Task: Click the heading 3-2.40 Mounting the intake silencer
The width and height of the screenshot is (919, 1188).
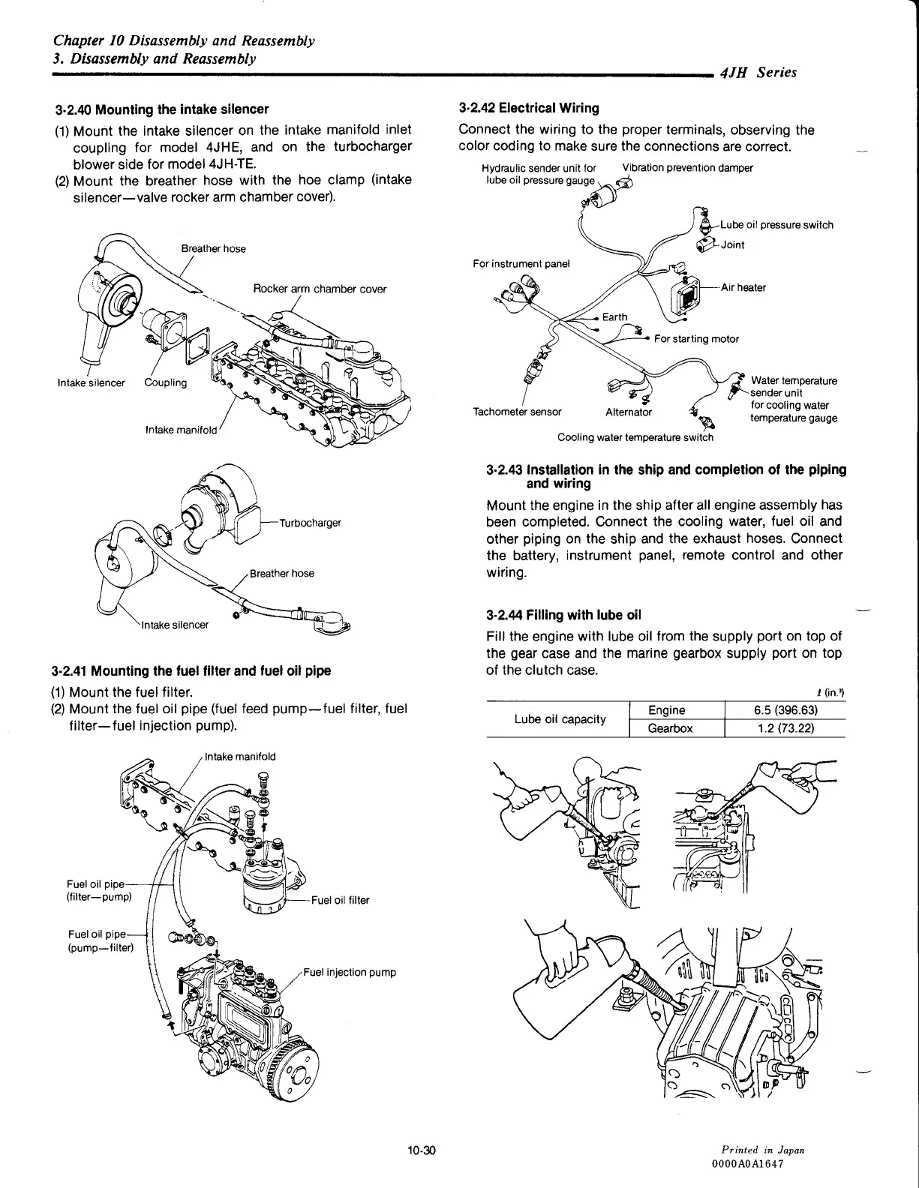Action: pos(161,109)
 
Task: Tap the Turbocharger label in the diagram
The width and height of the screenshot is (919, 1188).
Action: pos(310,523)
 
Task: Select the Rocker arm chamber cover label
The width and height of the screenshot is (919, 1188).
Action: pos(320,289)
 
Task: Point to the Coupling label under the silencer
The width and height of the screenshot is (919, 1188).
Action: pos(165,382)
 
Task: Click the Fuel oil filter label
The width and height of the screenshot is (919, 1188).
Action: pos(340,900)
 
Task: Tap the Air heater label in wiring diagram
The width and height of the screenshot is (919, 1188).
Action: pos(743,287)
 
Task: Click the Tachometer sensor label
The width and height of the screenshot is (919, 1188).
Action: pos(517,412)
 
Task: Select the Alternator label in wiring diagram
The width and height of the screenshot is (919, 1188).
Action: pos(629,412)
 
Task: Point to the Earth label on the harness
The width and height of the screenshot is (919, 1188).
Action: pos(614,316)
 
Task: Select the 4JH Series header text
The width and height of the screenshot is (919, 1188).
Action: pos(758,72)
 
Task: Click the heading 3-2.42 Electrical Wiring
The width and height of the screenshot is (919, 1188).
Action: pos(529,108)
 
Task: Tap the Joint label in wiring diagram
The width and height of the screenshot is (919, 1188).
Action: pos(732,244)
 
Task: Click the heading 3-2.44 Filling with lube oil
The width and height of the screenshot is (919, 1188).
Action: pos(563,616)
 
